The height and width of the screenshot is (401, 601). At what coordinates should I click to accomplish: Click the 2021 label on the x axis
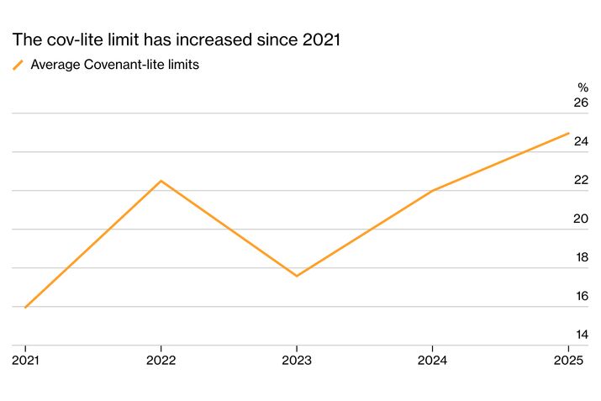24,360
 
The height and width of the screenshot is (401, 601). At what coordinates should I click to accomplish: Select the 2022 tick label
161,360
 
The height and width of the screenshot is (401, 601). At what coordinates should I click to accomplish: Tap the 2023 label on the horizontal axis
297,360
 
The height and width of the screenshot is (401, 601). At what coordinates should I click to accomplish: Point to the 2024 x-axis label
432,360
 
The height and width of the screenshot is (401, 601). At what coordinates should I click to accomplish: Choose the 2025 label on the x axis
568,360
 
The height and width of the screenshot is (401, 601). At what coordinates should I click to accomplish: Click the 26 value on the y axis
580,103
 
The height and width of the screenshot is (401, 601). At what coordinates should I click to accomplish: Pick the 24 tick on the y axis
580,141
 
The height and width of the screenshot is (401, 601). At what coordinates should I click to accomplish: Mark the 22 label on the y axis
580,180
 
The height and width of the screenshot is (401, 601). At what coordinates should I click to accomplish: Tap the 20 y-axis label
580,219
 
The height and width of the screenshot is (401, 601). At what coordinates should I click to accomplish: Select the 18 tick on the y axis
580,257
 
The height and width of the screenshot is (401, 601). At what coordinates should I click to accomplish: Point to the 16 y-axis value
580,296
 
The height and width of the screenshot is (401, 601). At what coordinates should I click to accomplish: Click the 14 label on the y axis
580,335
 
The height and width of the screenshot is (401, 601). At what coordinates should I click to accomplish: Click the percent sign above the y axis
583,87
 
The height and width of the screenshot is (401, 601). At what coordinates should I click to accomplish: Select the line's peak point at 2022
161,181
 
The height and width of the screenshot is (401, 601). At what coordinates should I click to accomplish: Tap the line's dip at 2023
297,276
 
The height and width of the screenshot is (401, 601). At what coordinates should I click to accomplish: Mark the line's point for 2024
432,191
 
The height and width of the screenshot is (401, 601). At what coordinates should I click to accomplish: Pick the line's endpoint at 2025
569,133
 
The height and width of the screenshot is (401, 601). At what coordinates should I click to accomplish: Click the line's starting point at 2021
25,308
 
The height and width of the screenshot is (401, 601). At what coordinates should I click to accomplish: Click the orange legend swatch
18,65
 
